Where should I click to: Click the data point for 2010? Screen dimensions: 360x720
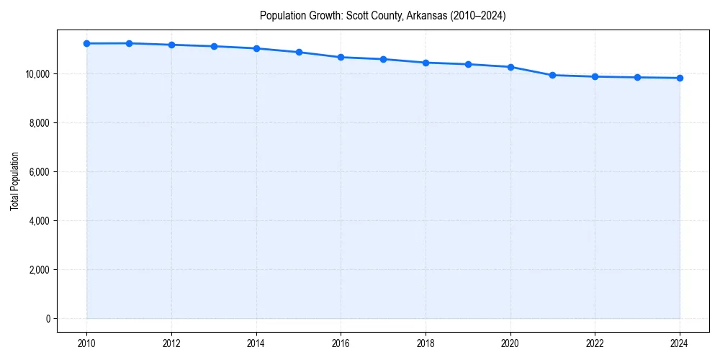86,43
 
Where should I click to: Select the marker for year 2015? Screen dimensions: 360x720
299,52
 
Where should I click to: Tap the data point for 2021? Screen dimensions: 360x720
552,75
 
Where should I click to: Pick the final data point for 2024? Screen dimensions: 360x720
680,78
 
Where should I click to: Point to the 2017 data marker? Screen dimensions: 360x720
383,59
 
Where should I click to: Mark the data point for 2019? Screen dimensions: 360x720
468,64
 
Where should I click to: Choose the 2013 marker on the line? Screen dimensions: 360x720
214,46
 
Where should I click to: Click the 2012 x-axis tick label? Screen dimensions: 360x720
171,343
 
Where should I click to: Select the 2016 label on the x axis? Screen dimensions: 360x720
341,343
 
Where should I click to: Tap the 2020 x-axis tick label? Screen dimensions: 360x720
510,343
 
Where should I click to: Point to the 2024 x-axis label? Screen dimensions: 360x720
680,343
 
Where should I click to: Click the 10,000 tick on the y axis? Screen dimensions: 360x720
37,73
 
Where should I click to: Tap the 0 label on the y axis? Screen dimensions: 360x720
47,318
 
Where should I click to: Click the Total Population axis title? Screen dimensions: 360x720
14,181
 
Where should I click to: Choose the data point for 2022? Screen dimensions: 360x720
595,76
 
